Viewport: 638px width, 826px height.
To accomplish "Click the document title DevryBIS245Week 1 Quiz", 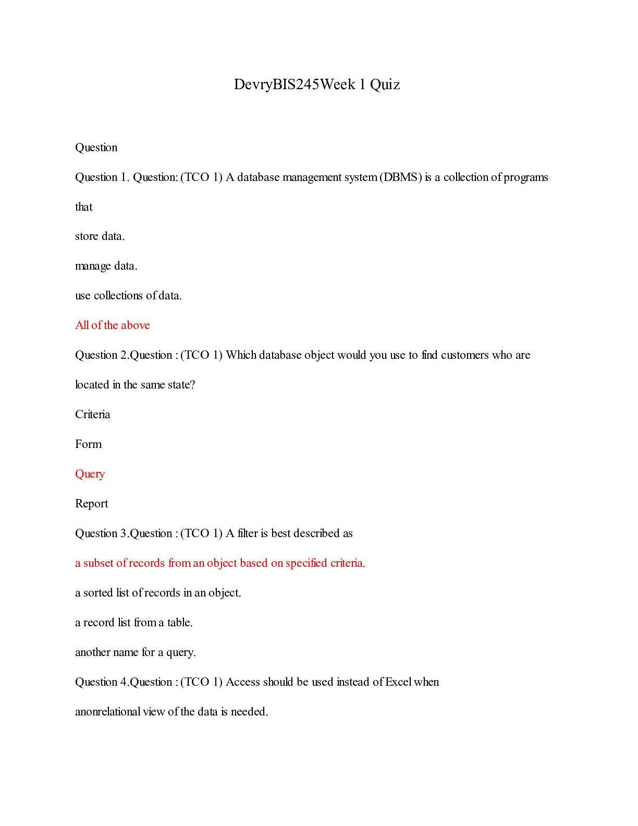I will (317, 84).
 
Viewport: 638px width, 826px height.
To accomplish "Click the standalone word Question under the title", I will (96, 148).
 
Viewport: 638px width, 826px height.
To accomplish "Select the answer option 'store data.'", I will (100, 236).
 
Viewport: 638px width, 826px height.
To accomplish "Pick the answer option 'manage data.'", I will (106, 266).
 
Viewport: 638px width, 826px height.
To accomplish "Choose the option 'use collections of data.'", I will (128, 296).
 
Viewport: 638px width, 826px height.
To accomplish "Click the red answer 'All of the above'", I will (113, 325).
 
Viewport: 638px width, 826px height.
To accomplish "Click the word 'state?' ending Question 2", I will (181, 385).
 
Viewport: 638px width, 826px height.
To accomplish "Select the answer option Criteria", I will (93, 415).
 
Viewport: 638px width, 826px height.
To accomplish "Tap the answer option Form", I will (89, 444).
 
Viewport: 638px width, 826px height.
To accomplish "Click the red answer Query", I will (90, 474).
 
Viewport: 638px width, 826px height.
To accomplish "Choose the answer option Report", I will (92, 504).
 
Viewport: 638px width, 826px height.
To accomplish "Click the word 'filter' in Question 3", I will (247, 533).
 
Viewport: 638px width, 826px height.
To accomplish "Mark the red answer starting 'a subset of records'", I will (220, 563).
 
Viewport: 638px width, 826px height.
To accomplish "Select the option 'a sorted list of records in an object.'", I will (158, 593).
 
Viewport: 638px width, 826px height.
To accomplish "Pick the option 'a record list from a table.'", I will (134, 623).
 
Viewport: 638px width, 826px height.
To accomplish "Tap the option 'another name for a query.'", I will (136, 652).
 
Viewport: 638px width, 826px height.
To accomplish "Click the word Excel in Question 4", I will (398, 682).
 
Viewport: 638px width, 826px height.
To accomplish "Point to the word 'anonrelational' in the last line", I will (108, 712).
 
